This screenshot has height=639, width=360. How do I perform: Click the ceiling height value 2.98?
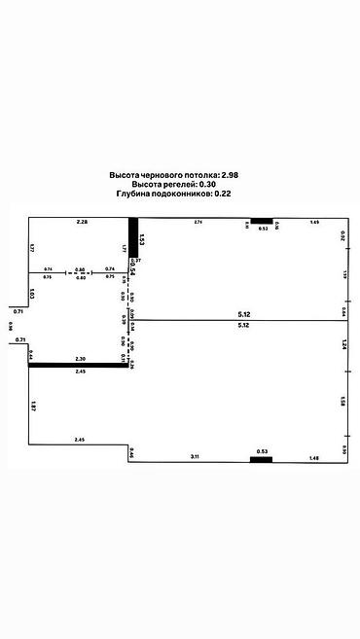[x=230, y=174]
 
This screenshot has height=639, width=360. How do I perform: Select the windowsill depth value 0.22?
[x=223, y=194]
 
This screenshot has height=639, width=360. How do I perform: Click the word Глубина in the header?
[x=134, y=194]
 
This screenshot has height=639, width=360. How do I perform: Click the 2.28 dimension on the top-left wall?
[x=83, y=223]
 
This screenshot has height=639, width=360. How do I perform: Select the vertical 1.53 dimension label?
[x=141, y=238]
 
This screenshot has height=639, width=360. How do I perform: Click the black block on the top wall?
[x=262, y=221]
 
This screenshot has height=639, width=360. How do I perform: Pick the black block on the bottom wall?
[x=261, y=458]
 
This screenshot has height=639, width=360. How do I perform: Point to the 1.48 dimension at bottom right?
[x=312, y=458]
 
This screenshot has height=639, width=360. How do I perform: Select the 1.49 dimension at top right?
[x=314, y=223]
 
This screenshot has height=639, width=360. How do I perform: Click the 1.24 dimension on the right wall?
[x=343, y=344]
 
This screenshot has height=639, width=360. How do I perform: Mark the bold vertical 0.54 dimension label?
[x=132, y=268]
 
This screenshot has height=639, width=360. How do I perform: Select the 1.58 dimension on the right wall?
[x=343, y=400]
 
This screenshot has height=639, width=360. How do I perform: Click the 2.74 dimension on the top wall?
[x=198, y=223]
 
